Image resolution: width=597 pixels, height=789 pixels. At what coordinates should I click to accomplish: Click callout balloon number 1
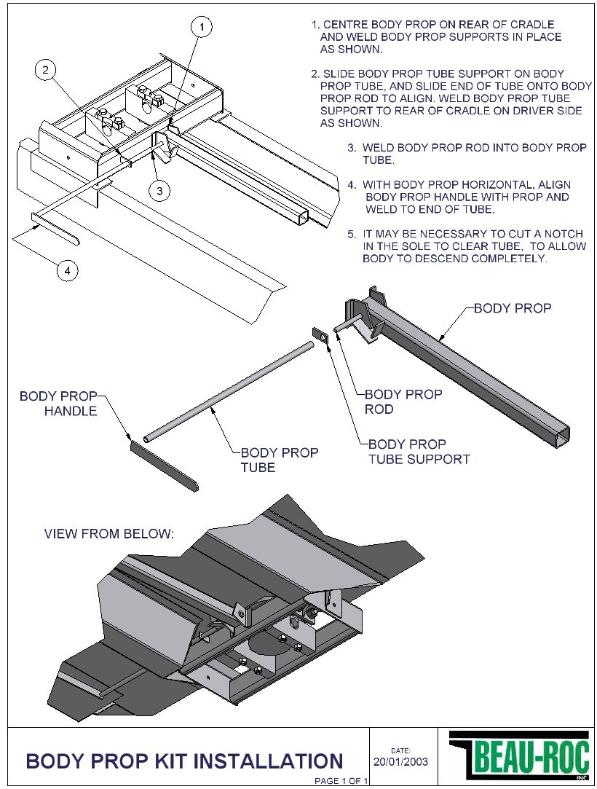(202, 28)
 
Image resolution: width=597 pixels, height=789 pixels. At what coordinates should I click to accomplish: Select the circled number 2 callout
(46, 70)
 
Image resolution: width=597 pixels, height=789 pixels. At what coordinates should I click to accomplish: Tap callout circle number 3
(159, 190)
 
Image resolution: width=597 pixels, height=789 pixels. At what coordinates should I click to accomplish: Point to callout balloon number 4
(68, 270)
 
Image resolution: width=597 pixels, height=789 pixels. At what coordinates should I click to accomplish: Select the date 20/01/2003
(400, 762)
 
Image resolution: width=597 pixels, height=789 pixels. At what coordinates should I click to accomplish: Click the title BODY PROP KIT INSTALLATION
(184, 761)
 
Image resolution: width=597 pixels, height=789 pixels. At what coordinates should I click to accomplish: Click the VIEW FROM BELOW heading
(109, 534)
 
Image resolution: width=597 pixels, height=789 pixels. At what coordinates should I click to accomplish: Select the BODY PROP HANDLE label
(58, 404)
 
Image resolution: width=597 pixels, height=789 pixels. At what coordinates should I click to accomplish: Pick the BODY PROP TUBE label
(279, 460)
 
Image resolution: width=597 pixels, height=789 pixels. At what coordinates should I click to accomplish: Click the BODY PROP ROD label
(403, 401)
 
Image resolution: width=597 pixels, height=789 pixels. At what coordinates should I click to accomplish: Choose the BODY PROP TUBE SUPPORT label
(419, 452)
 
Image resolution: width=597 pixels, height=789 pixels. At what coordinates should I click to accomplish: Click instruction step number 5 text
(466, 246)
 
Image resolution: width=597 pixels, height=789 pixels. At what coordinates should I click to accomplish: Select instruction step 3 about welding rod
(466, 154)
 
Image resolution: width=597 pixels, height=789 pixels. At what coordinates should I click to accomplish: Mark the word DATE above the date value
(401, 750)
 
